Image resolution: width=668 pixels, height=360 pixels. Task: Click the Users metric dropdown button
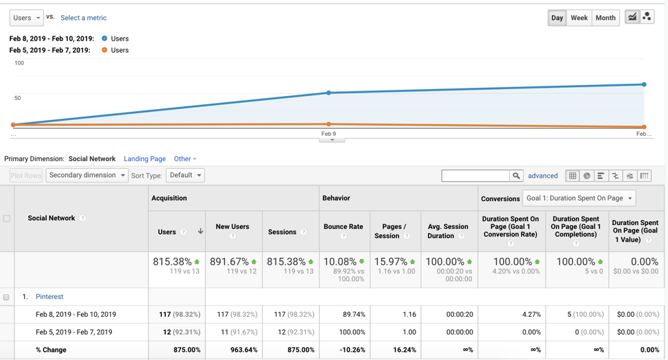pos(26,18)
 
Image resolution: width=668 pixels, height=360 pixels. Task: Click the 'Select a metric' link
pos(83,18)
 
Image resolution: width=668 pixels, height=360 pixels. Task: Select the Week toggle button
pos(579,18)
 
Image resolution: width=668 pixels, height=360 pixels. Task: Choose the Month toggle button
pos(605,18)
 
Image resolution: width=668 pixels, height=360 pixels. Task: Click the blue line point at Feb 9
pos(329,93)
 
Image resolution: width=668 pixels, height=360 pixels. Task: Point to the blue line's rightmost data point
pos(644,84)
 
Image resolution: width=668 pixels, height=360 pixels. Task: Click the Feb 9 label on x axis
pos(329,134)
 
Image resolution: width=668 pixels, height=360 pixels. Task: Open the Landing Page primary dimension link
pos(144,159)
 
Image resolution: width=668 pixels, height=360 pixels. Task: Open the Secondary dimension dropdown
pos(86,176)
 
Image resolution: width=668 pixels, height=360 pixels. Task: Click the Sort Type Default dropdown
pos(185,176)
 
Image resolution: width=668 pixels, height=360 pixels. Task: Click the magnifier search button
pos(516,176)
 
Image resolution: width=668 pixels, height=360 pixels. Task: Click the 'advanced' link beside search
pos(542,176)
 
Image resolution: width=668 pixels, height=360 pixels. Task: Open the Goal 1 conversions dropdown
pos(579,198)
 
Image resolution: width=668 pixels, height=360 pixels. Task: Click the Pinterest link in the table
pos(49,297)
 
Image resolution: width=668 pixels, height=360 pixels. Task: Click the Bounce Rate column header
pos(343,227)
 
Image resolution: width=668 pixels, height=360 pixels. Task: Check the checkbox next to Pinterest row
pos(6,297)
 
